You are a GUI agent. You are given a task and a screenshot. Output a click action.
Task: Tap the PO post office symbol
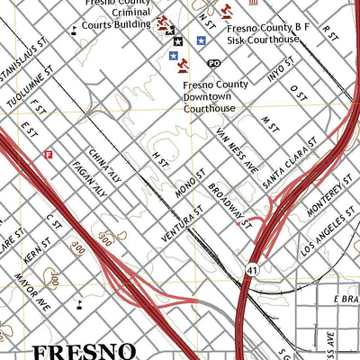213,63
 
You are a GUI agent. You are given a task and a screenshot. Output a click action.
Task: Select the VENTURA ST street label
173,226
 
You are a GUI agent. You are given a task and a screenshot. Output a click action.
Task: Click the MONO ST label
193,184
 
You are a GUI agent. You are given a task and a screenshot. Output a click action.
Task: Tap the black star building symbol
178,41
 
